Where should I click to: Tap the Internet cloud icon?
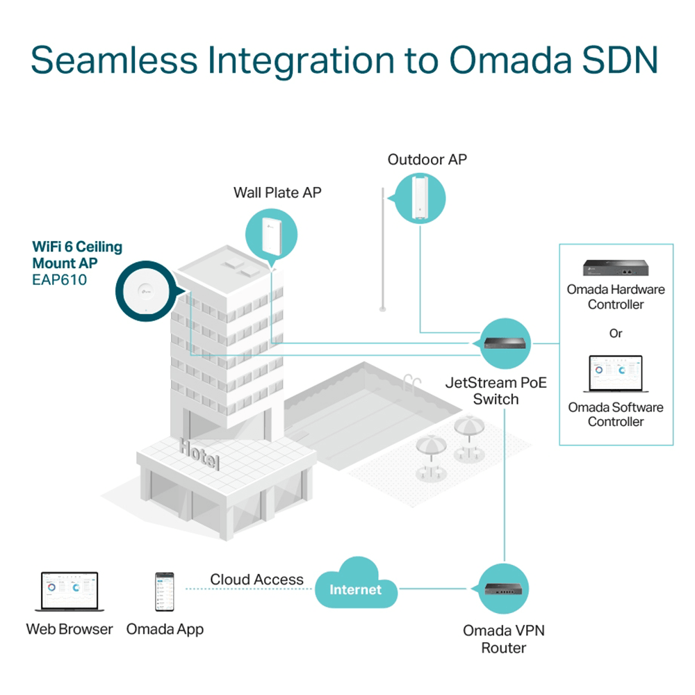pos(356,589)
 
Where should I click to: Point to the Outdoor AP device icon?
pos(419,197)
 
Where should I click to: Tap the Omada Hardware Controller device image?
pos(615,268)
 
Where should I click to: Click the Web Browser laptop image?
pos(69,592)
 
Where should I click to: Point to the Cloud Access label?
pos(256,580)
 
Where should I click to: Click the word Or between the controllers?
pos(616,334)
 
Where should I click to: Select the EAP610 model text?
pos(60,281)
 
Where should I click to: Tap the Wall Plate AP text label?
pos(277,193)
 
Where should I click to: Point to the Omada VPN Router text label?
pos(505,639)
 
